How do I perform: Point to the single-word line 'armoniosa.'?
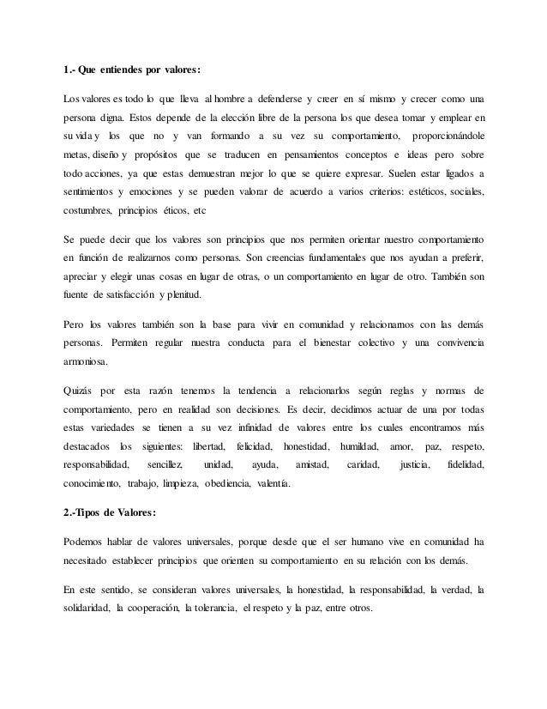point(88,368)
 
